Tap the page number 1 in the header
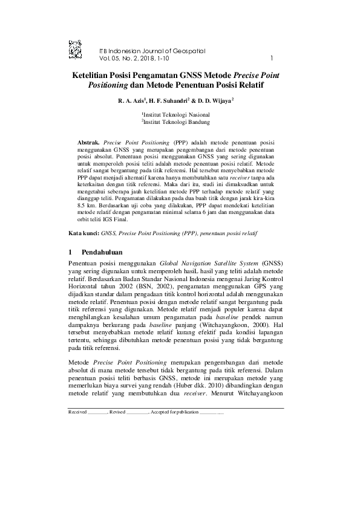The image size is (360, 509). tap(272, 59)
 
